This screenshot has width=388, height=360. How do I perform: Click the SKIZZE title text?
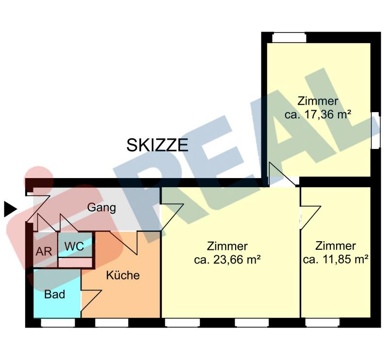[x=157, y=145]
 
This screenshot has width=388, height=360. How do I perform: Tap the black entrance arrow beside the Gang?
[x=10, y=209]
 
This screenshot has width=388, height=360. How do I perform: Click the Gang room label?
[x=101, y=208]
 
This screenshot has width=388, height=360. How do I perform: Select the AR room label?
[x=44, y=251]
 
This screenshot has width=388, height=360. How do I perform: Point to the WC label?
[x=74, y=246]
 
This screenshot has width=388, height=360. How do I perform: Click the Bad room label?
[x=55, y=295]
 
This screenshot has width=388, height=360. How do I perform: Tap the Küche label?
[x=123, y=275]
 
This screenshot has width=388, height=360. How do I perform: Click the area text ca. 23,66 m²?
[x=227, y=260]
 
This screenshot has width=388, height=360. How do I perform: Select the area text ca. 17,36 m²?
[x=318, y=115]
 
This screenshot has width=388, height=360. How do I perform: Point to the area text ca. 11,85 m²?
[x=336, y=260]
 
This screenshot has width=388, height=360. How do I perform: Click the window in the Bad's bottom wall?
[x=58, y=323]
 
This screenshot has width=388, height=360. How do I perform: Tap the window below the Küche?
[x=112, y=323]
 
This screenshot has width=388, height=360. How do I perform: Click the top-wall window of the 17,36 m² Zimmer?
[x=289, y=38]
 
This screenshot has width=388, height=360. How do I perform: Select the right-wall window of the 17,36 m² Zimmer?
[x=375, y=131]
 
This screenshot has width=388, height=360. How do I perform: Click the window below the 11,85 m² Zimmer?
[x=323, y=323]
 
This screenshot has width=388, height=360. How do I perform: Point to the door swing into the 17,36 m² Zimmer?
[x=282, y=174]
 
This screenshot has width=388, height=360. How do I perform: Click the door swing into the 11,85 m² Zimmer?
[x=310, y=218]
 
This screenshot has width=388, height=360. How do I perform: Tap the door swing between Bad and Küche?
[x=91, y=300]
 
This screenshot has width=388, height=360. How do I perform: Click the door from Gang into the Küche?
[x=124, y=243]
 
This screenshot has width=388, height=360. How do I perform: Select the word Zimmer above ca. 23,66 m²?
[x=227, y=246]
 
